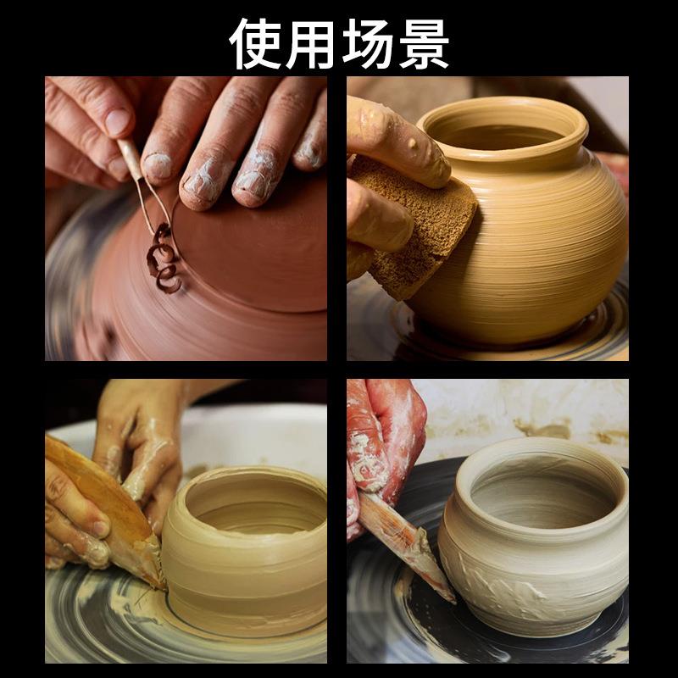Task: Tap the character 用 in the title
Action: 311,42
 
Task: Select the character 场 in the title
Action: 367,42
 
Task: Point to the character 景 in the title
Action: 421,42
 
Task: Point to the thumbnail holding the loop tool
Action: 118,122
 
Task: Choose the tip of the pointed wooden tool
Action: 450,598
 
